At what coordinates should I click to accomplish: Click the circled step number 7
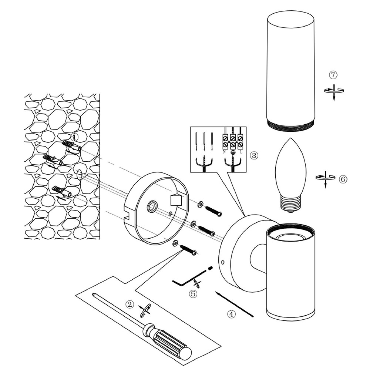point(333,75)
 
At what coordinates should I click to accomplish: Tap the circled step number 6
point(343,179)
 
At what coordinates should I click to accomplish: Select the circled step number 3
point(254,155)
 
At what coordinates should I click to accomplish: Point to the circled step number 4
point(231,314)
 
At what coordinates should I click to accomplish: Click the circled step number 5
point(193,294)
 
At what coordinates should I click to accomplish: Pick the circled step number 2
point(129,304)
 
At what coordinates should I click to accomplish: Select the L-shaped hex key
point(189,279)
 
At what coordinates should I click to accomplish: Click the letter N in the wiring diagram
point(224,152)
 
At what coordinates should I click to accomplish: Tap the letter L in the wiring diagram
point(241,152)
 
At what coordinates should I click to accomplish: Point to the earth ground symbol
point(233,152)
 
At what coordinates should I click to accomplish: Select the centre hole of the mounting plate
point(152,206)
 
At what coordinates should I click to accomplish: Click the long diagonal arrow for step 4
point(234,304)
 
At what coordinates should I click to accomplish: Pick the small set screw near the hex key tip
point(211,268)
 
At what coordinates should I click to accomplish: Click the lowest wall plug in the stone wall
point(62,191)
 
